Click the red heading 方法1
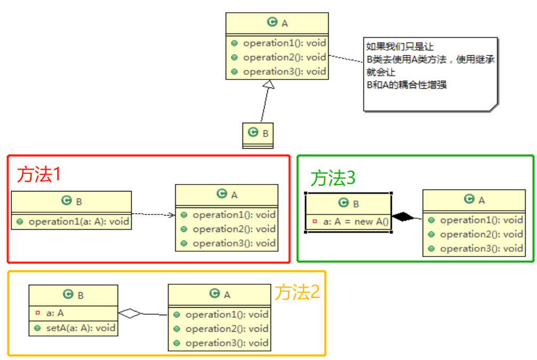[x=39, y=174]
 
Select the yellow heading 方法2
[x=297, y=292]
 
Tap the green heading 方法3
[x=333, y=178]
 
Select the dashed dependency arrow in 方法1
[x=153, y=215]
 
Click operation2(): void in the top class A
[x=284, y=57]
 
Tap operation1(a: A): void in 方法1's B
[x=78, y=221]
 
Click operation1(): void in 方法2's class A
[x=226, y=315]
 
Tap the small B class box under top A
[x=258, y=135]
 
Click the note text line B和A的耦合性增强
[x=406, y=84]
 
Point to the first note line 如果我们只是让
[x=392, y=46]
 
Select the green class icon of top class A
[x=272, y=22]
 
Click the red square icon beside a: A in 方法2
[x=37, y=314]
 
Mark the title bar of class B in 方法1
[x=72, y=201]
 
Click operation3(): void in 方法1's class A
[x=234, y=243]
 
